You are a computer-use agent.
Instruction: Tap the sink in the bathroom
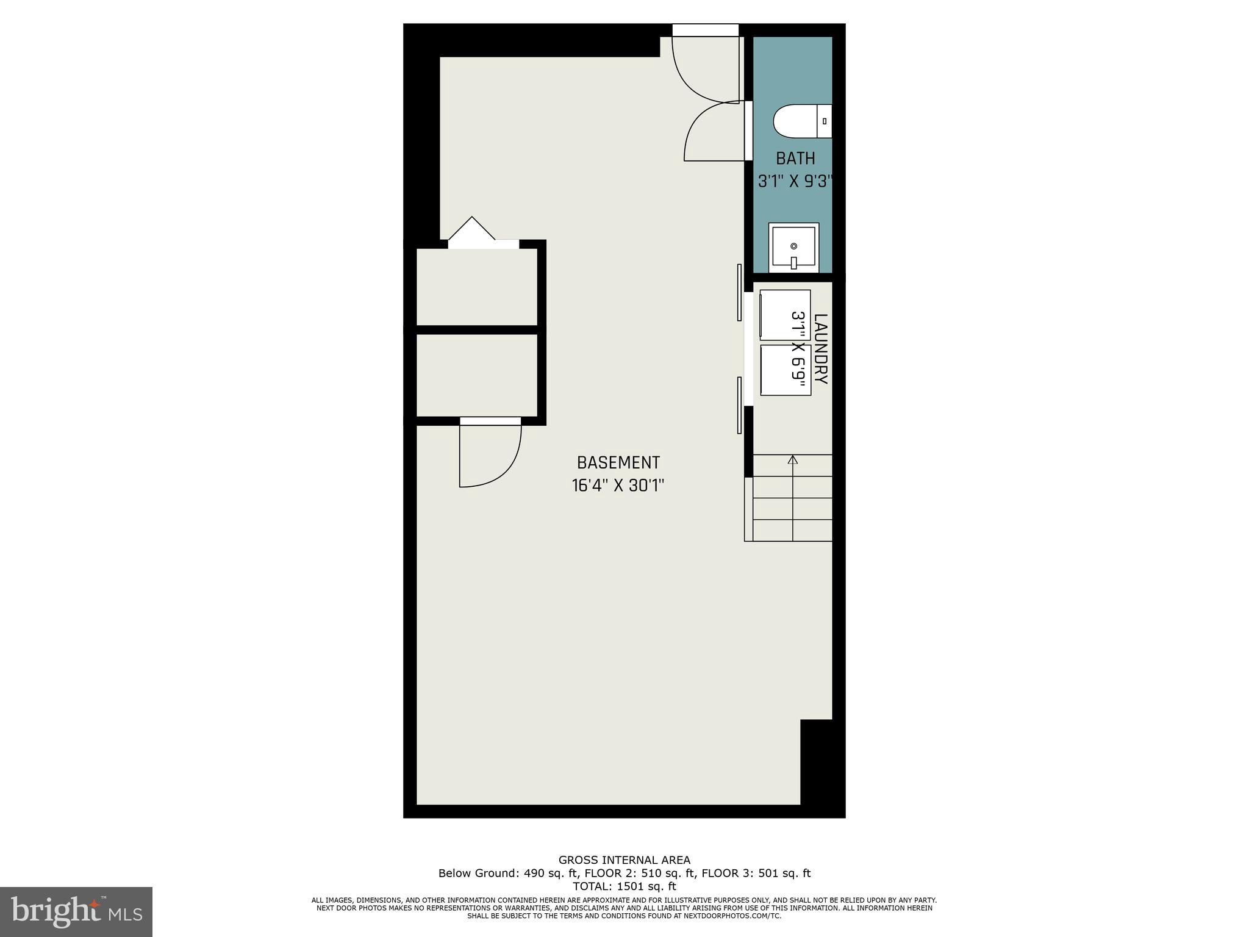(793, 248)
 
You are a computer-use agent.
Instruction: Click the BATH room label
(795, 159)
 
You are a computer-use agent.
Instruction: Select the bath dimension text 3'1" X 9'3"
(795, 181)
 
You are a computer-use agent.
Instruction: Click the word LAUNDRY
(821, 349)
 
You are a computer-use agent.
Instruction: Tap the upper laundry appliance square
(785, 315)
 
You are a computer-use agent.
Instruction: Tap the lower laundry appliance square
(786, 370)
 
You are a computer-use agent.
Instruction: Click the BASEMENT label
(618, 462)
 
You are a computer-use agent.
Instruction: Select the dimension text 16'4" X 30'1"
(618, 486)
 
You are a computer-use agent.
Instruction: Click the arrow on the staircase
(793, 460)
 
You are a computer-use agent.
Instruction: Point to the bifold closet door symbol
(471, 230)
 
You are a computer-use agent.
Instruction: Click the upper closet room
(476, 287)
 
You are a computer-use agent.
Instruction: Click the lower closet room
(476, 375)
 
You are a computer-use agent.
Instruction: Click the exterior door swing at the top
(701, 67)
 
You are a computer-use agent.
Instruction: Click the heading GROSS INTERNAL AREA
(624, 860)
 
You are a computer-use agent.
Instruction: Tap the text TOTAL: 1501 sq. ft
(624, 886)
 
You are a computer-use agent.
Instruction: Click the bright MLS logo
(76, 911)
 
